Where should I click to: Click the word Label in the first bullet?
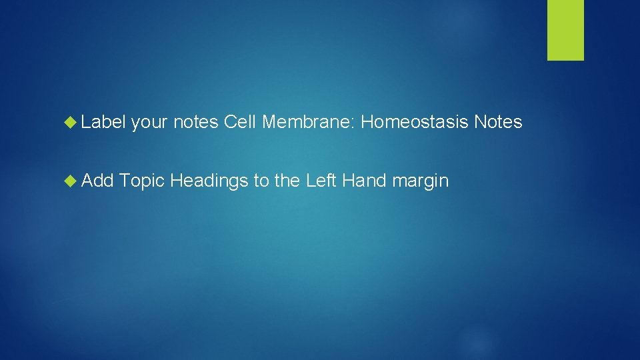coord(103,123)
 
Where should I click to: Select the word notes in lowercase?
coord(196,123)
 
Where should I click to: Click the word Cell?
coord(240,123)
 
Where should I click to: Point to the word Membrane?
coord(309,123)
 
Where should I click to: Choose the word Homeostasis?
coord(415,123)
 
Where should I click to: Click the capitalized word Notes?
coord(498,123)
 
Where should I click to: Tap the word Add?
coord(99,181)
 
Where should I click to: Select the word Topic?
coord(143,181)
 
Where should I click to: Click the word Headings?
coord(209,181)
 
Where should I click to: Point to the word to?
coord(261,181)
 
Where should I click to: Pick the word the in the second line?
coord(287,181)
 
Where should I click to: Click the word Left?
coord(321,181)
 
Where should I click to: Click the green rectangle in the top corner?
coord(565,30)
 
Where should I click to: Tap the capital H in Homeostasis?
coord(367,123)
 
